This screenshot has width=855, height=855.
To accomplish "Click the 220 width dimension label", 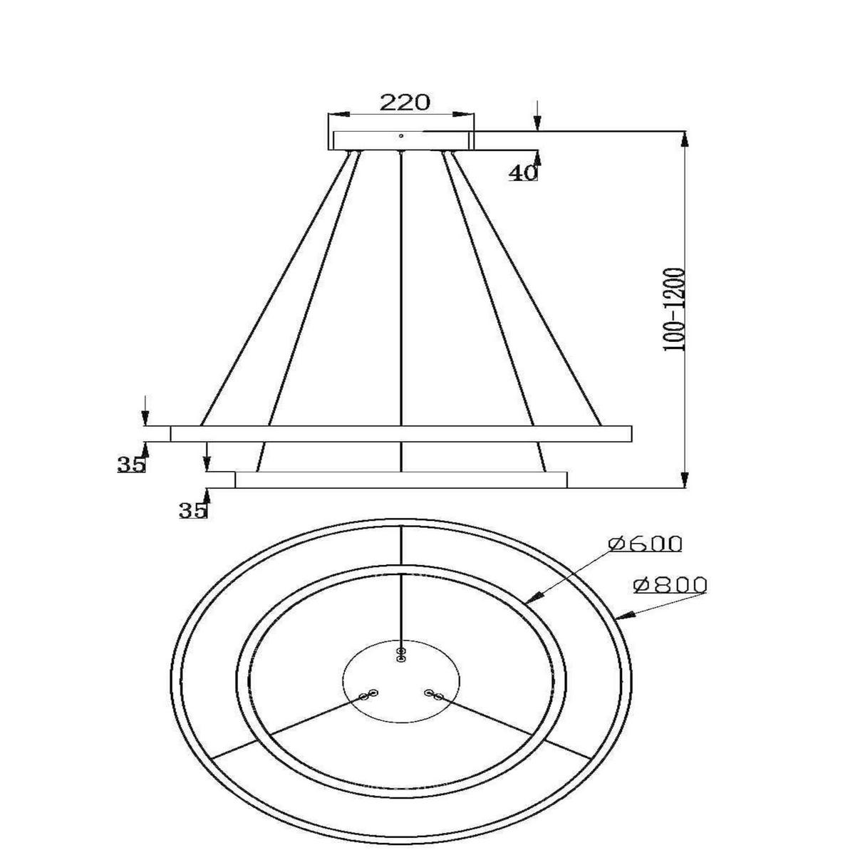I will [x=404, y=102].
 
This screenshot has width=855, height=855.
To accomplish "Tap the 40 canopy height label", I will [x=524, y=173].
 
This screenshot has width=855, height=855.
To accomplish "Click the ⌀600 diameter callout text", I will [x=646, y=544].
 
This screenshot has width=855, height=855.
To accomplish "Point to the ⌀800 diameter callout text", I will [x=670, y=585].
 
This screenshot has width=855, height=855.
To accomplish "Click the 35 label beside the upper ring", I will [x=131, y=465].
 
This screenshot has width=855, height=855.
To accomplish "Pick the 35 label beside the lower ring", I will [x=193, y=510].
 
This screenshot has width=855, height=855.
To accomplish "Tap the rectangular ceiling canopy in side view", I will [x=400, y=140].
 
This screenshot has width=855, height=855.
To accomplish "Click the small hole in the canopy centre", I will [x=401, y=135].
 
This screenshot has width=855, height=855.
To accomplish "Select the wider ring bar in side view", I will [x=401, y=433].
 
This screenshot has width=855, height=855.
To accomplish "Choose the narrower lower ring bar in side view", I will [x=401, y=480].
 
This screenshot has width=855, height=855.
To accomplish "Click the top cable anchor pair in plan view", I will [x=402, y=655].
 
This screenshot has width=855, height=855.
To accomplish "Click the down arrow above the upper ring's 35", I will [x=145, y=419].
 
